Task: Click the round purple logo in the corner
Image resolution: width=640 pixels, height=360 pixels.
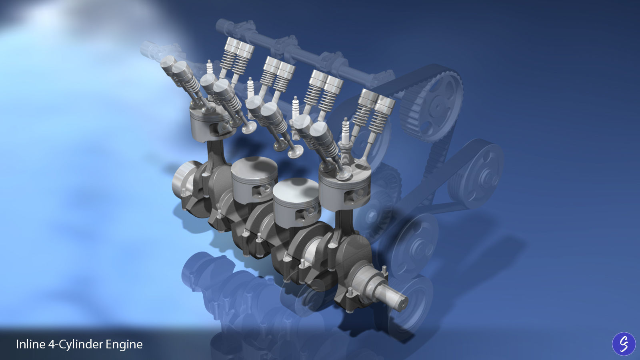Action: point(623,344)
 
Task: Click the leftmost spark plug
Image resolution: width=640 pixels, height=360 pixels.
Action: point(209,68)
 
